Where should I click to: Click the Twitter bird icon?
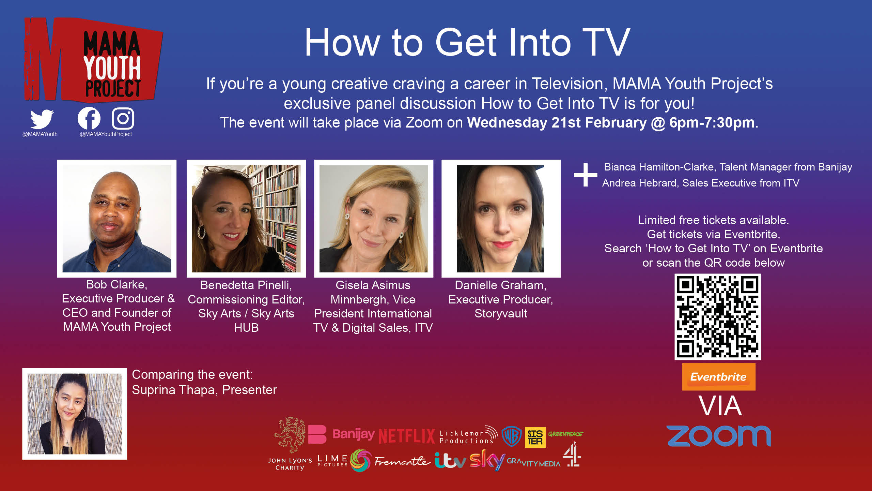(42, 119)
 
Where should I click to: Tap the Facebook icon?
(89, 119)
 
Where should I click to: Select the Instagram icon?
(123, 119)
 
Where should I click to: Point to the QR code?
(718, 316)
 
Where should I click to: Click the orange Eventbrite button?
(718, 377)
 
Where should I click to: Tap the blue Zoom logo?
(719, 436)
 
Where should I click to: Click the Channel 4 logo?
(572, 454)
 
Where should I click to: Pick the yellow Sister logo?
(535, 437)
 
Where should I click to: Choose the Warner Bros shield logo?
(512, 436)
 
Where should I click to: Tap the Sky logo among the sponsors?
(487, 460)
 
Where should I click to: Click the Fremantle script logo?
(402, 461)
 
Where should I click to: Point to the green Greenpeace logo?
(565, 434)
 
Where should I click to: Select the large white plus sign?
(586, 175)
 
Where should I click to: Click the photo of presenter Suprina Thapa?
(75, 414)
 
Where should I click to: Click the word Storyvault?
(501, 313)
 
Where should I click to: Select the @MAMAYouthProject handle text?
(106, 134)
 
